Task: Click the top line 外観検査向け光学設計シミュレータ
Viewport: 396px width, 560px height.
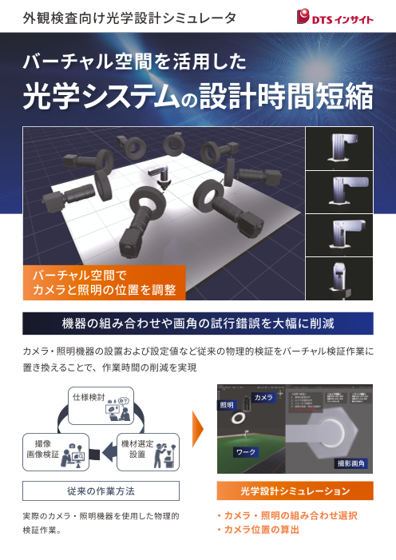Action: [129, 17]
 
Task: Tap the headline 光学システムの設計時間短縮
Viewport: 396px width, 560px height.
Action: [198, 97]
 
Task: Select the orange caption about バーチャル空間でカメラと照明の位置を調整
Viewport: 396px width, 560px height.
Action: [104, 282]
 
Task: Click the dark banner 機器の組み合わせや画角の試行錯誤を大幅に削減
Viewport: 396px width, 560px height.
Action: [198, 324]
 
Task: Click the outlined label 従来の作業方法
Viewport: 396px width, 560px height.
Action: [101, 490]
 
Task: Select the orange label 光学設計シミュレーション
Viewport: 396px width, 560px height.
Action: [295, 490]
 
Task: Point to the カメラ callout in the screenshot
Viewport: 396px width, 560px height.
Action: [263, 397]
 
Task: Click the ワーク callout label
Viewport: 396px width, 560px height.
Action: [245, 452]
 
